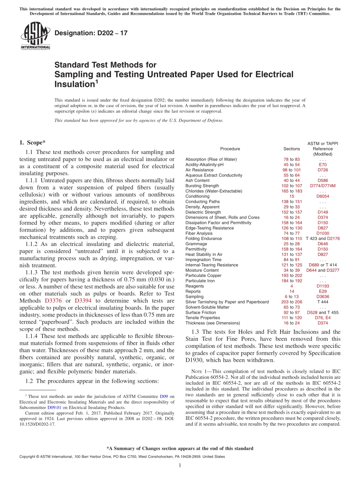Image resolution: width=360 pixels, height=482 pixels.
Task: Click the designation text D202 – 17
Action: pyautogui.click(x=91, y=33)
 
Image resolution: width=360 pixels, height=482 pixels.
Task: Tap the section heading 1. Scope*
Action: pyautogui.click(x=32, y=143)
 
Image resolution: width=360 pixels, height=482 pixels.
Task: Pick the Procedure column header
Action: pyautogui.click(x=230, y=149)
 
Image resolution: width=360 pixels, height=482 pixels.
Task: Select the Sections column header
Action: pyautogui.click(x=291, y=149)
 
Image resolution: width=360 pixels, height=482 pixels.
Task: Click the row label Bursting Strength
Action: pyautogui.click(x=202, y=186)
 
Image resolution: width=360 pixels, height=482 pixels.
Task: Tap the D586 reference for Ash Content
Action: pyautogui.click(x=322, y=181)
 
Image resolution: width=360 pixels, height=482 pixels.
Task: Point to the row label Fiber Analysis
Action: pyautogui.click(x=199, y=233)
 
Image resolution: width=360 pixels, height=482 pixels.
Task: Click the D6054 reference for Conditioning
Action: pyautogui.click(x=322, y=197)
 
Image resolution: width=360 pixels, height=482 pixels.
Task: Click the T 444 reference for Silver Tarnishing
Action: pyautogui.click(x=322, y=302)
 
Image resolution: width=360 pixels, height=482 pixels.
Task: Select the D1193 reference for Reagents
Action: pyautogui.click(x=322, y=286)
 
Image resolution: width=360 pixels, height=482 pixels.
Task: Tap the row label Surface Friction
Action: pyautogui.click(x=200, y=313)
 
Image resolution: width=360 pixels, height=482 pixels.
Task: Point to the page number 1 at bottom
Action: pyautogui.click(x=180, y=465)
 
